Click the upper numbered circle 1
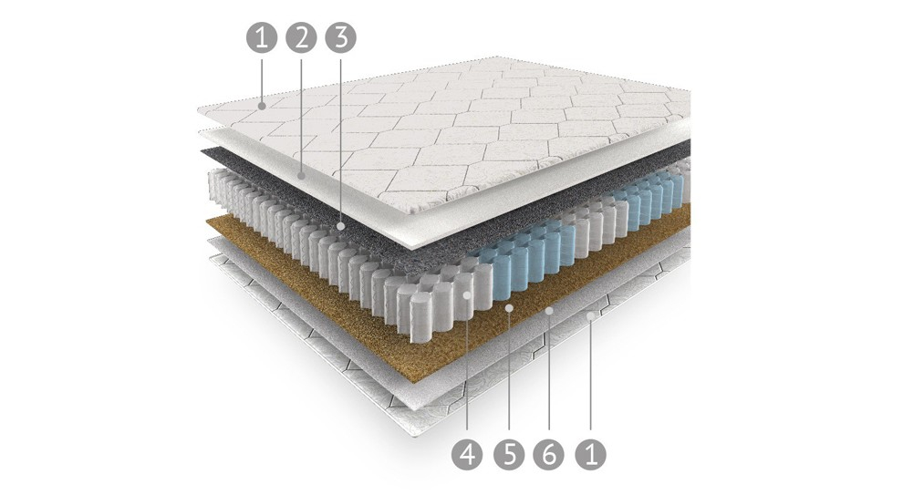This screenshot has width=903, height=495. point(262,38)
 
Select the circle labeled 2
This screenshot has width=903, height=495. point(301,38)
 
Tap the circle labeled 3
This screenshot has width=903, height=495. point(340,38)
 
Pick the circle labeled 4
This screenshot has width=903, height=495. point(467,454)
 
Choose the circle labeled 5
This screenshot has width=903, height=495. point(509,454)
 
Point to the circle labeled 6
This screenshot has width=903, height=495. point(549,454)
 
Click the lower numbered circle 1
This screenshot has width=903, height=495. point(590,454)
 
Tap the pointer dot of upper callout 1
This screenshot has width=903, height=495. point(262,106)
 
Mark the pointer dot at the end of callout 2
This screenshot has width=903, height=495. point(301,174)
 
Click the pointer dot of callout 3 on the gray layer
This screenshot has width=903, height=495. point(340,227)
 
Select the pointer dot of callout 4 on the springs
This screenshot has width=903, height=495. point(467,294)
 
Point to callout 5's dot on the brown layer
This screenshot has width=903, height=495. point(509,309)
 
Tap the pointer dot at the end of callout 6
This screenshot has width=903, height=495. point(549,311)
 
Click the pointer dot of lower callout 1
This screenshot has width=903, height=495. point(590,315)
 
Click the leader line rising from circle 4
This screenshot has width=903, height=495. point(467,368)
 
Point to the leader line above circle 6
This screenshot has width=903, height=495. point(549,376)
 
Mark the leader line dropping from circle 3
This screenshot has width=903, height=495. point(340,139)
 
